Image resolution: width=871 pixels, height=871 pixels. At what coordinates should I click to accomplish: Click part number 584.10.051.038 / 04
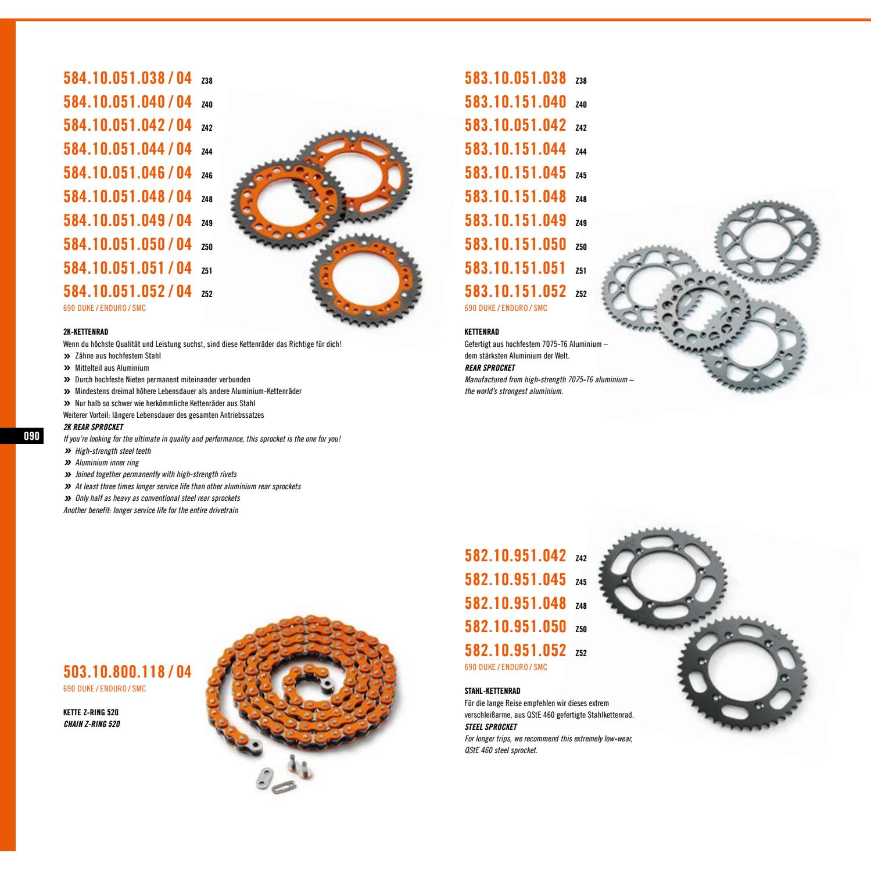point(127,78)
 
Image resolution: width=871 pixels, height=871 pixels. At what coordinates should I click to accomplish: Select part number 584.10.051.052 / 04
point(127,291)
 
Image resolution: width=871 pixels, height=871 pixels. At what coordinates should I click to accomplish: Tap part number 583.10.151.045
point(515,173)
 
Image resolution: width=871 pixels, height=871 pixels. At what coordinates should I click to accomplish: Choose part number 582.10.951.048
point(515,603)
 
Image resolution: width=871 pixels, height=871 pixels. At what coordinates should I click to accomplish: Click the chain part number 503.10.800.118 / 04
point(127,672)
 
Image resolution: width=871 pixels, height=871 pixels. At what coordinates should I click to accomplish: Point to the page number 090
point(31,436)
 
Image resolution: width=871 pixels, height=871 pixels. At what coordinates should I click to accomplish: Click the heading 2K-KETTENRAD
point(85,332)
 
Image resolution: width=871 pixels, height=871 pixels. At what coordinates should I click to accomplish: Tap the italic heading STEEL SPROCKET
point(491,727)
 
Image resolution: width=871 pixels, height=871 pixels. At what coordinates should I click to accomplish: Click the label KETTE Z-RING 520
point(91,712)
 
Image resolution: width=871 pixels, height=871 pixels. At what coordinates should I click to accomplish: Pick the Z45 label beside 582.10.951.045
point(580,582)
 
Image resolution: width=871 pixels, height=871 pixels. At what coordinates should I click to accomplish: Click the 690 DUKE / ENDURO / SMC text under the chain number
point(105,689)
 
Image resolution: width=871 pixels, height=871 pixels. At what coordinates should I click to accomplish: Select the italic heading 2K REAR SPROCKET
point(93,427)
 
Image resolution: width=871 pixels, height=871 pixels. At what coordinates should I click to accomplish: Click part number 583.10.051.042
point(515,125)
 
